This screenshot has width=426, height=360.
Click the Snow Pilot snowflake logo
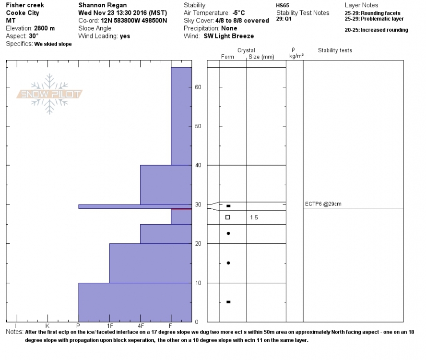click(x=49, y=94)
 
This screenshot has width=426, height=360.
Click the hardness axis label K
click(x=47, y=325)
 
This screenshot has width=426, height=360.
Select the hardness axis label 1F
click(x=109, y=325)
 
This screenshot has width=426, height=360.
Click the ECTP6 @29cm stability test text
click(x=323, y=204)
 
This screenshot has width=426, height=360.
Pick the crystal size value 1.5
click(x=254, y=217)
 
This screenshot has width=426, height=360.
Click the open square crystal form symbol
click(x=228, y=217)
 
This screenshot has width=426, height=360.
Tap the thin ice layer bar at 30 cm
click(x=135, y=206)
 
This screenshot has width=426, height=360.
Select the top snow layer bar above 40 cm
click(x=181, y=116)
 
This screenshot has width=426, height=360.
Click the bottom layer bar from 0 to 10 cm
click(x=135, y=302)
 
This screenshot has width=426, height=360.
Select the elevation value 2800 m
click(x=44, y=28)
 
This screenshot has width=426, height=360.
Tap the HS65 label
click(x=282, y=5)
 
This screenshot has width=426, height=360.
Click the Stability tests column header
click(x=334, y=50)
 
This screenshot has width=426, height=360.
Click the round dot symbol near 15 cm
click(x=228, y=263)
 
